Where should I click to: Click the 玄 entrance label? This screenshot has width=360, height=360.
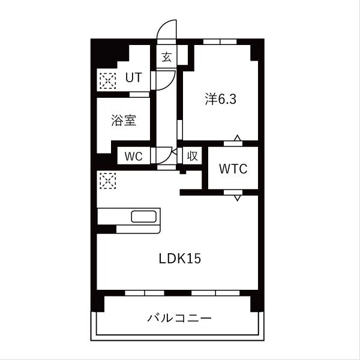(166, 58)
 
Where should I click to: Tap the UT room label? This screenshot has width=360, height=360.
(133, 78)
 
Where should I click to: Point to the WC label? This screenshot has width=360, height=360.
(133, 156)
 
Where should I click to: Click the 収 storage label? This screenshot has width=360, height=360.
(191, 156)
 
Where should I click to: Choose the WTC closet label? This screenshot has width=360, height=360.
(233, 169)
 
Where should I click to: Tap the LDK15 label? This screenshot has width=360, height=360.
(179, 259)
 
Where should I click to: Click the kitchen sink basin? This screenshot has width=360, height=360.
(144, 217)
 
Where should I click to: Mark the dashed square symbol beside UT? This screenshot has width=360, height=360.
(107, 80)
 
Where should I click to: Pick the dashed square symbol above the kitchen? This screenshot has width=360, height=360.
(107, 181)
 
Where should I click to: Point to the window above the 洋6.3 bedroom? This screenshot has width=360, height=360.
(220, 42)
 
